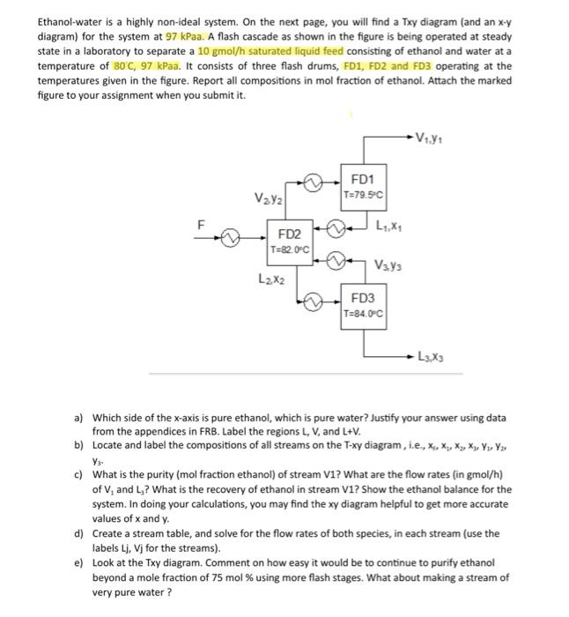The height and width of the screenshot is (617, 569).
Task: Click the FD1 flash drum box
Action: pos(362,187)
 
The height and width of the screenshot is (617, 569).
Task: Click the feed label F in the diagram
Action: pos(200,225)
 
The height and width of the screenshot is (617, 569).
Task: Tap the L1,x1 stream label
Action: pos(390,228)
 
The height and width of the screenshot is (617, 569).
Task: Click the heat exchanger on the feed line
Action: pos(232,238)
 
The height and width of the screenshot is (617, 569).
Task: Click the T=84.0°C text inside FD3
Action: pos(362,314)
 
